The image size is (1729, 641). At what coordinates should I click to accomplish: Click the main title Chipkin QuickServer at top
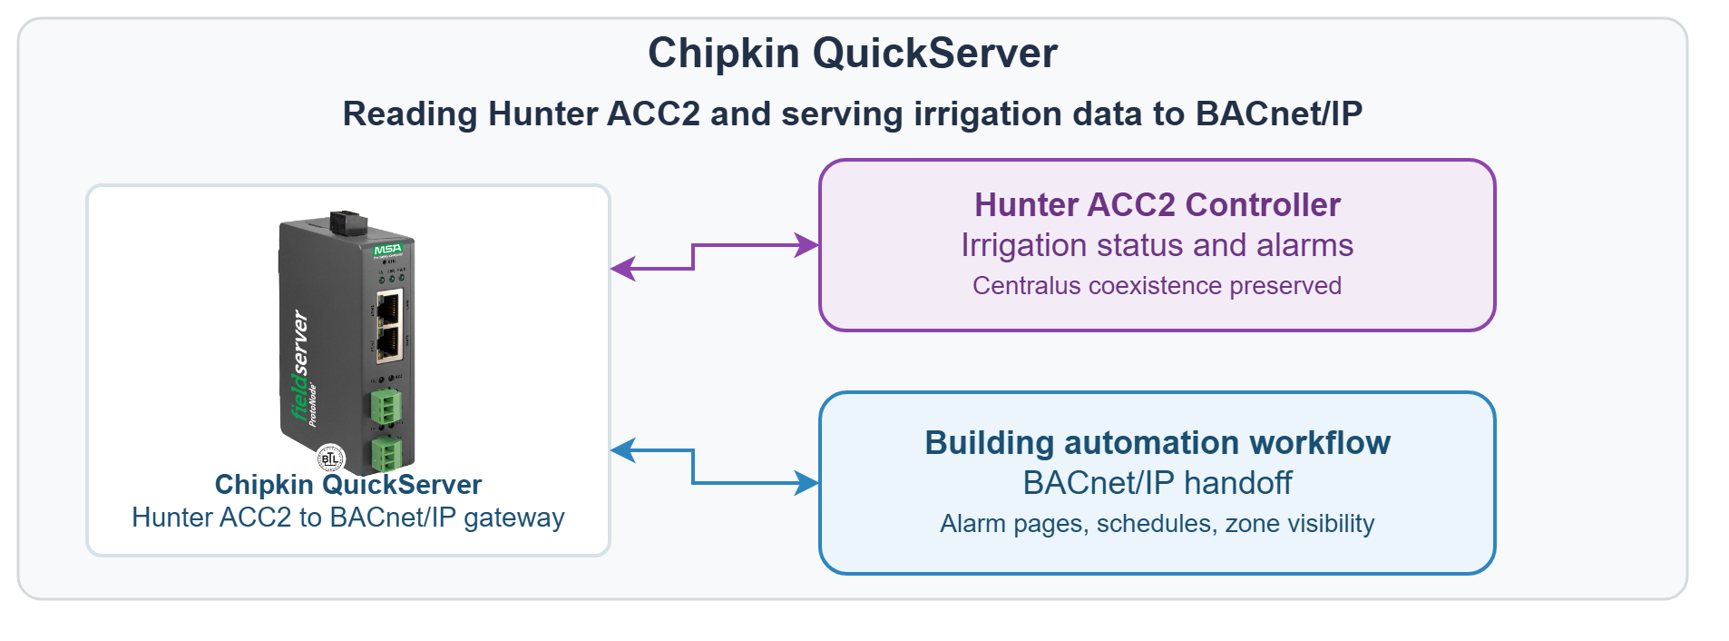pos(852,53)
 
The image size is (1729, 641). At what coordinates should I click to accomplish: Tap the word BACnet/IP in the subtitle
pos(1278,113)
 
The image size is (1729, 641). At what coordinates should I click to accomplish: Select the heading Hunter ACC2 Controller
pos(1157,205)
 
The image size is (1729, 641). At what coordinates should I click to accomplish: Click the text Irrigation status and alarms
pos(1157,245)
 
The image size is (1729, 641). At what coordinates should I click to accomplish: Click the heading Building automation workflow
pos(1157,443)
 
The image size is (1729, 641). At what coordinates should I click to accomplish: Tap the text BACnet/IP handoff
pos(1157,483)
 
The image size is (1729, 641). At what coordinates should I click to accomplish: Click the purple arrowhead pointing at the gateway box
pos(623,269)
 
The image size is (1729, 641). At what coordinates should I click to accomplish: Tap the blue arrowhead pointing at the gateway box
pos(623,450)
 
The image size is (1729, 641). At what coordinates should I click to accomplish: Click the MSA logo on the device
pos(387,250)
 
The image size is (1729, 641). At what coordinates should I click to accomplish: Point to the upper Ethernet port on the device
pos(389,308)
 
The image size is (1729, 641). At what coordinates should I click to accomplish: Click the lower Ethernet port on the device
pos(389,343)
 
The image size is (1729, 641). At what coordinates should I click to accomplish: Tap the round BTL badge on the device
pos(330,459)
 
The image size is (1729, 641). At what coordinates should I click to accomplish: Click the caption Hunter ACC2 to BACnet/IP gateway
pos(347,518)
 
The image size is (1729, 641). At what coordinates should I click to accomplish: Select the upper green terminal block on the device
pos(386,407)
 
